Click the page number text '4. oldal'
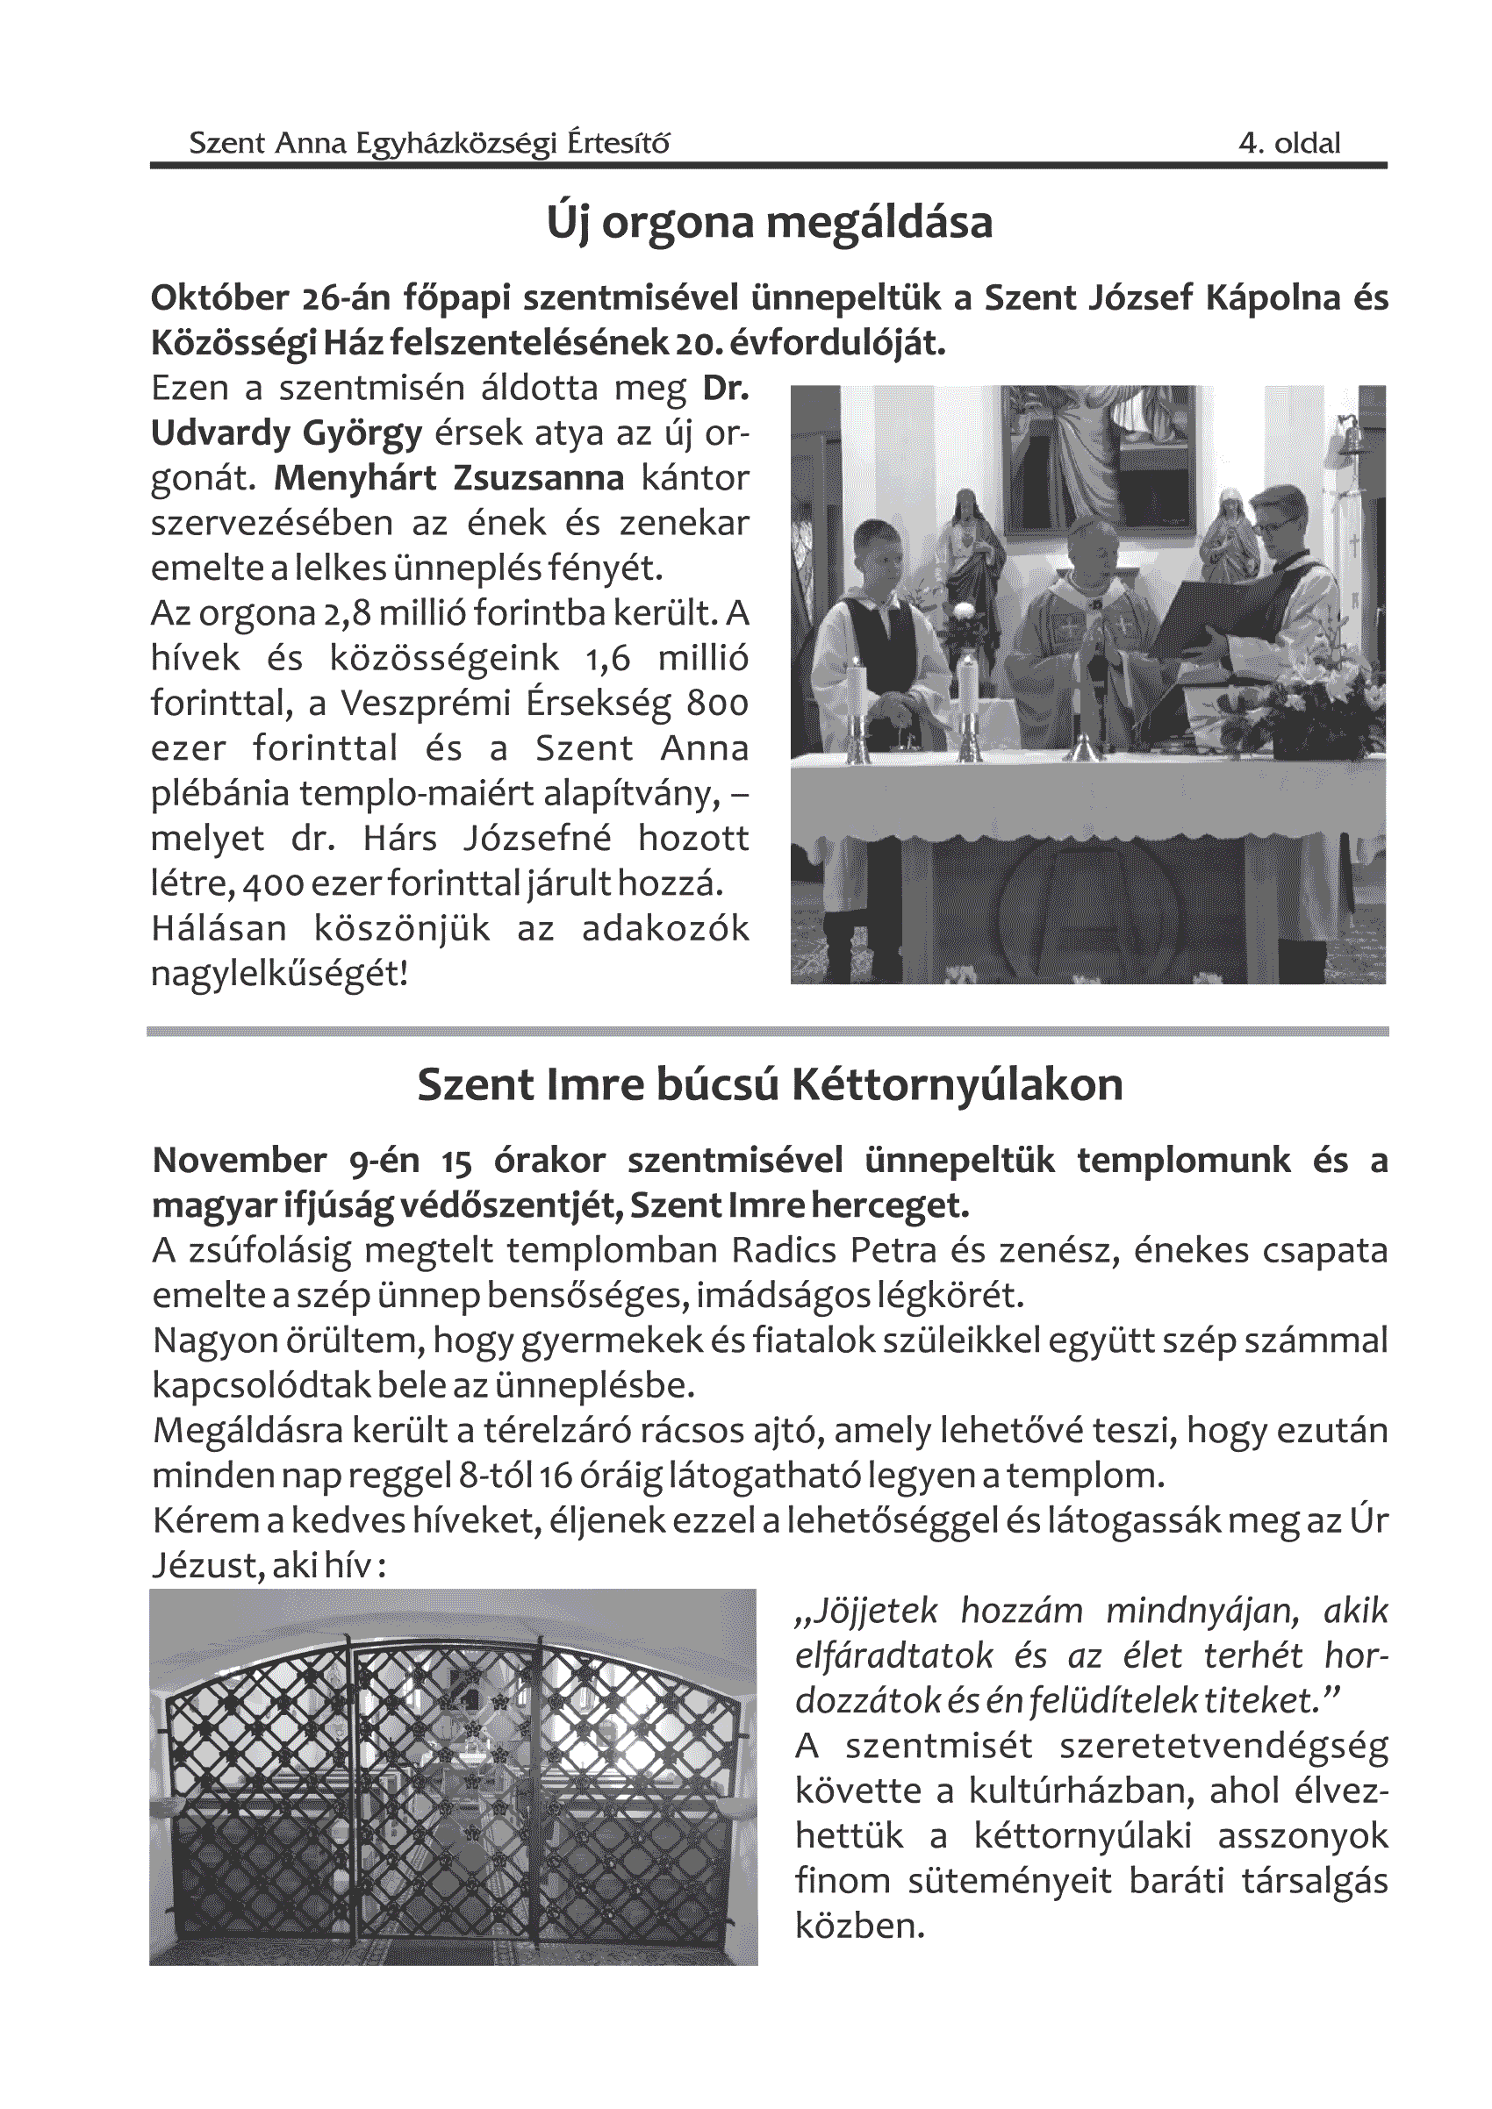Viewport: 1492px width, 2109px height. (1289, 143)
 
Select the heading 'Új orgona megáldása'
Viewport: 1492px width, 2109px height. (769, 223)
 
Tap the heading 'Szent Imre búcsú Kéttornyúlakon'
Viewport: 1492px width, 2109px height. (770, 1085)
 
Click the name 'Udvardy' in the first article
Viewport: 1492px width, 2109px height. (219, 433)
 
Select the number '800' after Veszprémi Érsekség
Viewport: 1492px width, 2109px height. (717, 704)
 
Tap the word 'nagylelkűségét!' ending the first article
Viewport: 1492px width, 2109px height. (279, 974)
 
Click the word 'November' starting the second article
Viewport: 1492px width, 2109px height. (240, 1161)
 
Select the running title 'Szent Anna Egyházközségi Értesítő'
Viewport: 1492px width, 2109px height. (429, 143)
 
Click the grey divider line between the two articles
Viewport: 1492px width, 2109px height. (767, 1032)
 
